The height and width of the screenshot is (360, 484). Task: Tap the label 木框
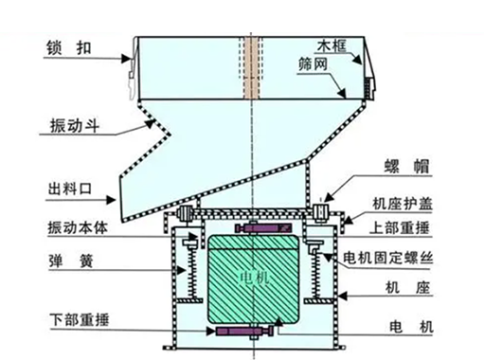point(332,45)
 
